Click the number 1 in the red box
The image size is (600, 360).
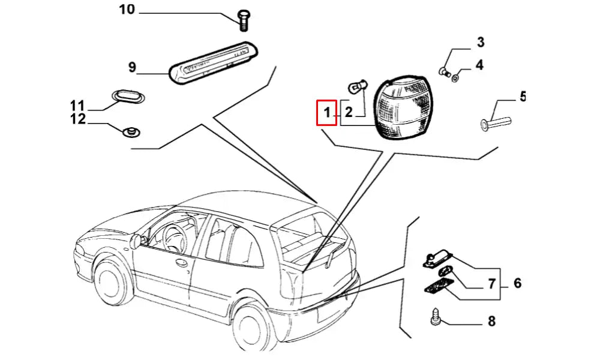(327, 112)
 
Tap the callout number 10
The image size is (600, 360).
(127, 10)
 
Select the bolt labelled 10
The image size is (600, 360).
(244, 20)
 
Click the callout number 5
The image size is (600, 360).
(523, 97)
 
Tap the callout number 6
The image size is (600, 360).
(517, 284)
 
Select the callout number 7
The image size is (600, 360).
(491, 284)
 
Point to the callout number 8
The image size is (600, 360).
(492, 322)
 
